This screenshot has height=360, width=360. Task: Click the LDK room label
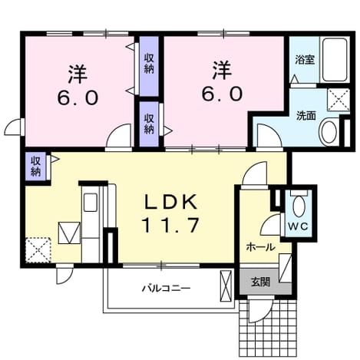[x=171, y=202]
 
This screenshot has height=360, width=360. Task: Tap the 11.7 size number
[x=171, y=225]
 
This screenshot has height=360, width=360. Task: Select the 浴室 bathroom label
[x=305, y=60]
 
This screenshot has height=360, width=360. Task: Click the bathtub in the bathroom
[x=335, y=60]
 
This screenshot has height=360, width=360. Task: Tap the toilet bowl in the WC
[x=299, y=206]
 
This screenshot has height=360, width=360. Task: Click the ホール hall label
[x=260, y=247]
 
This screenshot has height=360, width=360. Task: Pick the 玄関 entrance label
[x=260, y=282]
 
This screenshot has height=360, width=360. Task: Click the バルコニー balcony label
[x=167, y=289]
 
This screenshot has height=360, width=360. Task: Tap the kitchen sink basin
[x=91, y=202]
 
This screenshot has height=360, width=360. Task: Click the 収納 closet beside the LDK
[x=36, y=167]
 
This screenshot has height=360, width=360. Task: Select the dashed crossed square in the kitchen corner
[x=38, y=249]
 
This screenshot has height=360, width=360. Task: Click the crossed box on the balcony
[x=226, y=286]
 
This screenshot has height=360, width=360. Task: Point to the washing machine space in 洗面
[x=339, y=100]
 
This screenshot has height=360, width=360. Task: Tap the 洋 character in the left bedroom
[x=78, y=74]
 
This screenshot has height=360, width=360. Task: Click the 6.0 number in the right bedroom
[x=222, y=94]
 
